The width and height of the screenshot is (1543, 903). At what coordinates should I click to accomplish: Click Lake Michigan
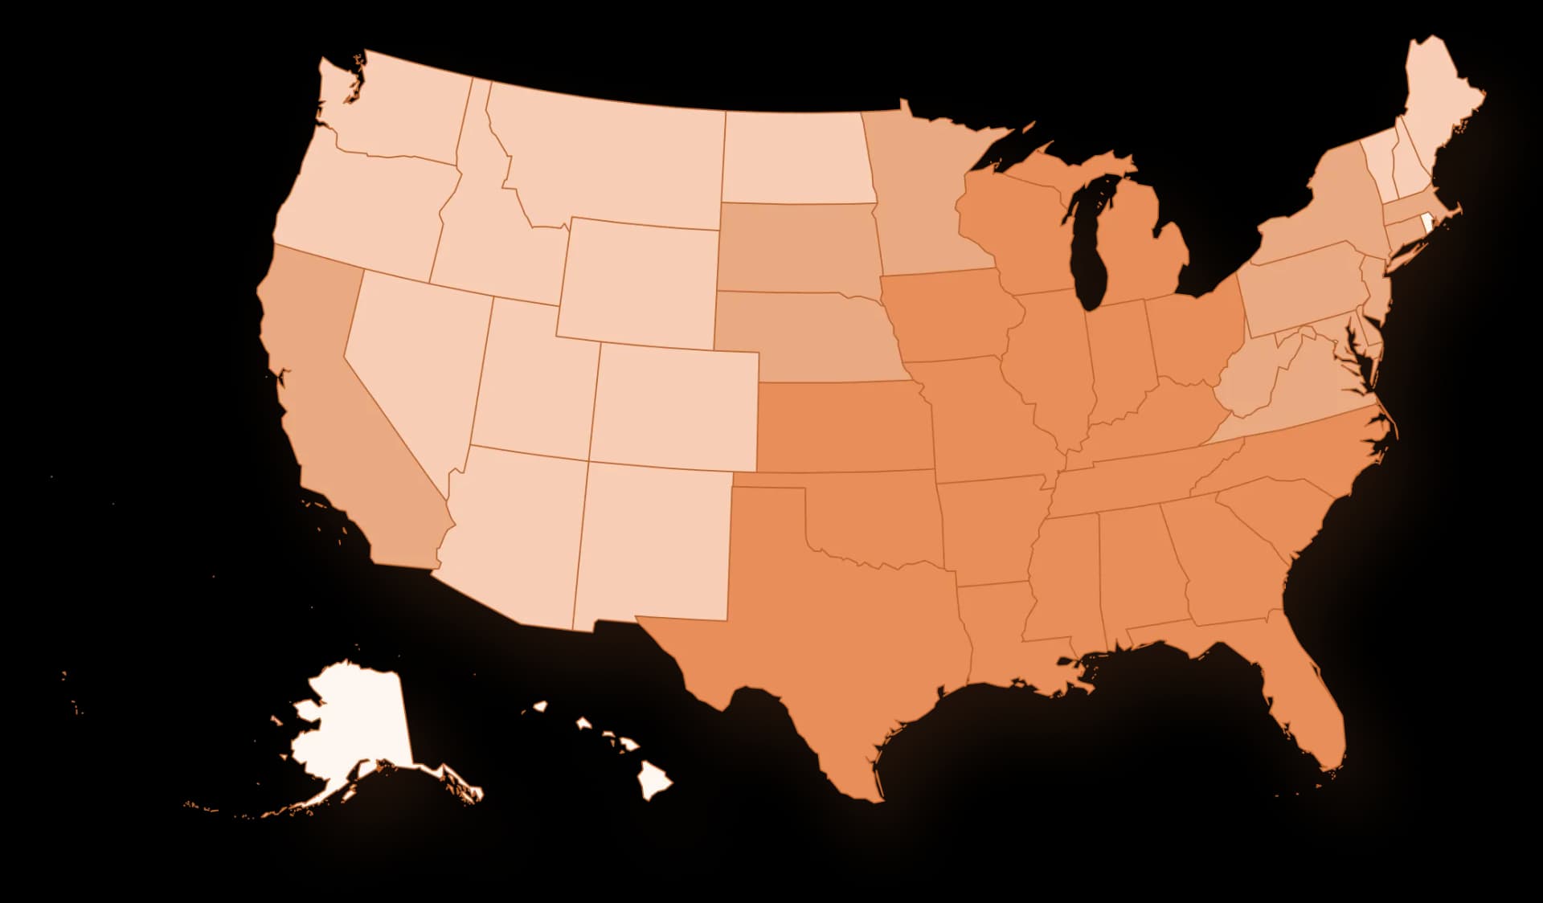1093,241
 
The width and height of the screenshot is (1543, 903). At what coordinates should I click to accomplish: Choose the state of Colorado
675,406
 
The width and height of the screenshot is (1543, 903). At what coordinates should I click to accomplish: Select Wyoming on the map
639,281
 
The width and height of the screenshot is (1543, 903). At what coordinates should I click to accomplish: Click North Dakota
796,157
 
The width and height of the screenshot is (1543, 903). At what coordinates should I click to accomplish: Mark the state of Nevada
410,362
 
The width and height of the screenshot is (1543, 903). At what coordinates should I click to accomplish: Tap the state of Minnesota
924,201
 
